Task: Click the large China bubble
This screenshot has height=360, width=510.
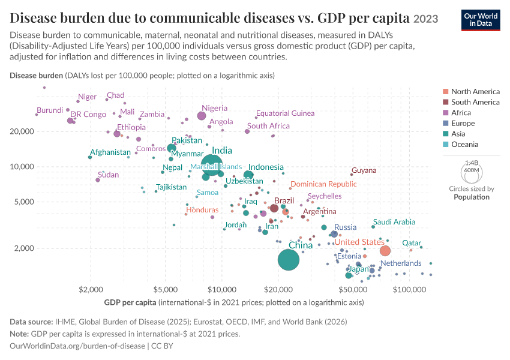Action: coord(289,260)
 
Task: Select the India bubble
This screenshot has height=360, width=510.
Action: coord(212,165)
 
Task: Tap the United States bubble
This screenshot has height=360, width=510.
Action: coord(385,251)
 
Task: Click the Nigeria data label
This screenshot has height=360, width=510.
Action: coord(214,108)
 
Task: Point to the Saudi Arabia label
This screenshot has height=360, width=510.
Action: coord(394,222)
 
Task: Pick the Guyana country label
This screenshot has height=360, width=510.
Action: coord(364,170)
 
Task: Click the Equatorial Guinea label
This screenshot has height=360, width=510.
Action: coord(285,113)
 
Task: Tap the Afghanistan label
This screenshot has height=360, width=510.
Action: coord(110,152)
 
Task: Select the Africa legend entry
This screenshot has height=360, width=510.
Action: coord(457,113)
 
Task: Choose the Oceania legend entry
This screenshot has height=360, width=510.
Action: coord(461,145)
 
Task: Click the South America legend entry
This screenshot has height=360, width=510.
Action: coord(471,102)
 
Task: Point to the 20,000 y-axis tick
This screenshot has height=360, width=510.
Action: coord(22,131)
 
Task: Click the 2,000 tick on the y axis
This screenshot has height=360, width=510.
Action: coord(24,248)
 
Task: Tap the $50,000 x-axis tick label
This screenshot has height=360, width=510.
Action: coord(353,289)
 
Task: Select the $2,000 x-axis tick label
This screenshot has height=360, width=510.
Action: coord(91,289)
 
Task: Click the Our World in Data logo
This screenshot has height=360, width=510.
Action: coord(481,20)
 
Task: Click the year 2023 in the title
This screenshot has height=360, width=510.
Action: coord(426,19)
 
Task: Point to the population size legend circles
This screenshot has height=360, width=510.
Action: coord(472,172)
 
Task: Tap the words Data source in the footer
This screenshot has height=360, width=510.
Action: coord(31,322)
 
